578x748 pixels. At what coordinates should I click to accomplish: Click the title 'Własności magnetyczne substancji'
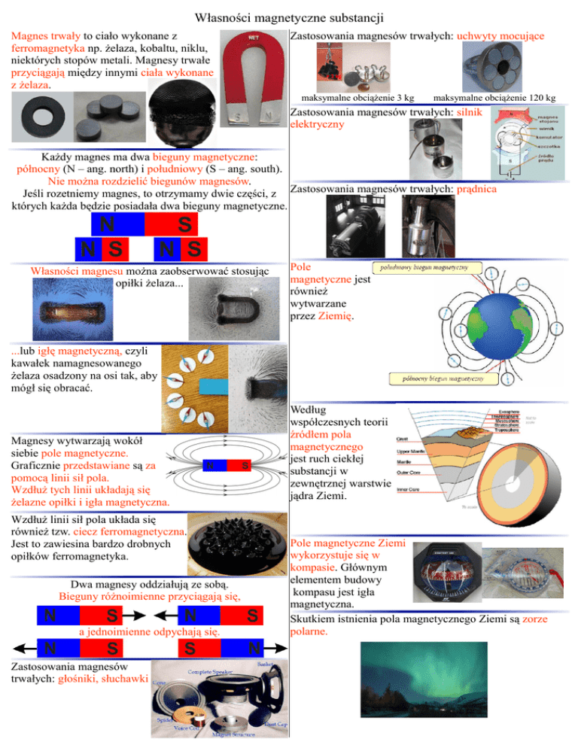[289, 16]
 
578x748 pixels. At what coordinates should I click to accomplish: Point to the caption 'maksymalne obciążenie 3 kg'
[357, 98]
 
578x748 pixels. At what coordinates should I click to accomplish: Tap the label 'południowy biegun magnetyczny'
[421, 268]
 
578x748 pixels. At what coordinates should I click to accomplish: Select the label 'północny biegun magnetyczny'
[440, 379]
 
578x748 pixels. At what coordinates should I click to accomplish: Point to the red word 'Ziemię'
[331, 316]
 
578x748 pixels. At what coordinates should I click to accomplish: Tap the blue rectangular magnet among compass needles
[208, 386]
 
